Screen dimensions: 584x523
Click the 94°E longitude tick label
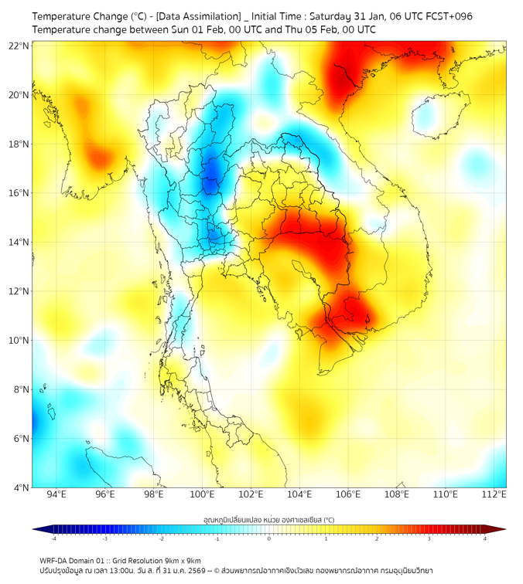[56, 494]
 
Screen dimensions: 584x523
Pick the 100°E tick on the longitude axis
[203, 494]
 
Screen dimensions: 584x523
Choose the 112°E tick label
[494, 494]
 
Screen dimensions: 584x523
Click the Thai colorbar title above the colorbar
[268, 520]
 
